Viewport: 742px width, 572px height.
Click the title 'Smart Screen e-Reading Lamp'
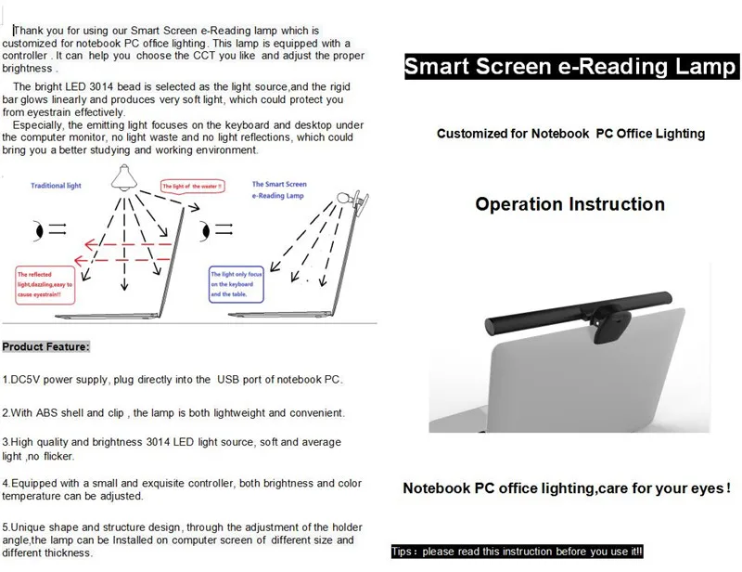click(569, 68)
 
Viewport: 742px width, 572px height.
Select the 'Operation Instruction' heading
click(569, 204)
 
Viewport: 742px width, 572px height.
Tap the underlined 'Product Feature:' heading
click(46, 346)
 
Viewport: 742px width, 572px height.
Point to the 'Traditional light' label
click(57, 186)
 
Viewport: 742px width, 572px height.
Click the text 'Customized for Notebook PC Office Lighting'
click(569, 134)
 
